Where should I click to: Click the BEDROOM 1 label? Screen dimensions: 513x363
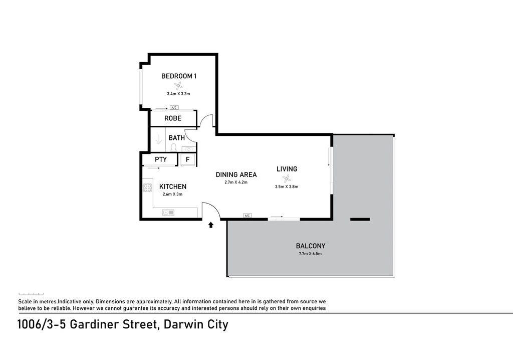[x=179, y=76]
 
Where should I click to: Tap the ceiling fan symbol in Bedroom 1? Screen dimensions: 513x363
[x=178, y=86]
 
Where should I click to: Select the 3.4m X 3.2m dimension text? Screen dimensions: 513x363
[x=178, y=94]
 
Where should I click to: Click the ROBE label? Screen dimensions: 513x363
[x=173, y=118]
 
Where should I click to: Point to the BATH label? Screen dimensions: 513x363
[x=177, y=138]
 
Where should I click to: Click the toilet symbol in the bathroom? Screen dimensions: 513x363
[x=173, y=147]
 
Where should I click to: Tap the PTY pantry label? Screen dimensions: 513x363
[x=161, y=159]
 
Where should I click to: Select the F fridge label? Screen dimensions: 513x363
[x=188, y=160]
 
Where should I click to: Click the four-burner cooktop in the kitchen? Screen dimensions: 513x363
[x=148, y=188]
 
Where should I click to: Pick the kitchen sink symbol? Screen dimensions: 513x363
[x=168, y=213]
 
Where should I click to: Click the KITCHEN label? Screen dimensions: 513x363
[x=173, y=187]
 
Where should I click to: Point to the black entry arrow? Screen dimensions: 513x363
[x=211, y=225]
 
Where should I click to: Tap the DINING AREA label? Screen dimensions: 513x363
[x=236, y=175]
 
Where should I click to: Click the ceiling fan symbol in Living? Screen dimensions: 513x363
[x=287, y=178]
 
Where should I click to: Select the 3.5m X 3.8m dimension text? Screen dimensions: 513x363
[x=287, y=187]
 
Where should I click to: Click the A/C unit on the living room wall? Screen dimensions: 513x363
[x=247, y=216]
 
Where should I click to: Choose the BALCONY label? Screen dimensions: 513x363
[x=311, y=246]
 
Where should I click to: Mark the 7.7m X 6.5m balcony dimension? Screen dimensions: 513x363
[x=310, y=254]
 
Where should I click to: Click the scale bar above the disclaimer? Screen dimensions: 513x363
[x=31, y=294]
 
